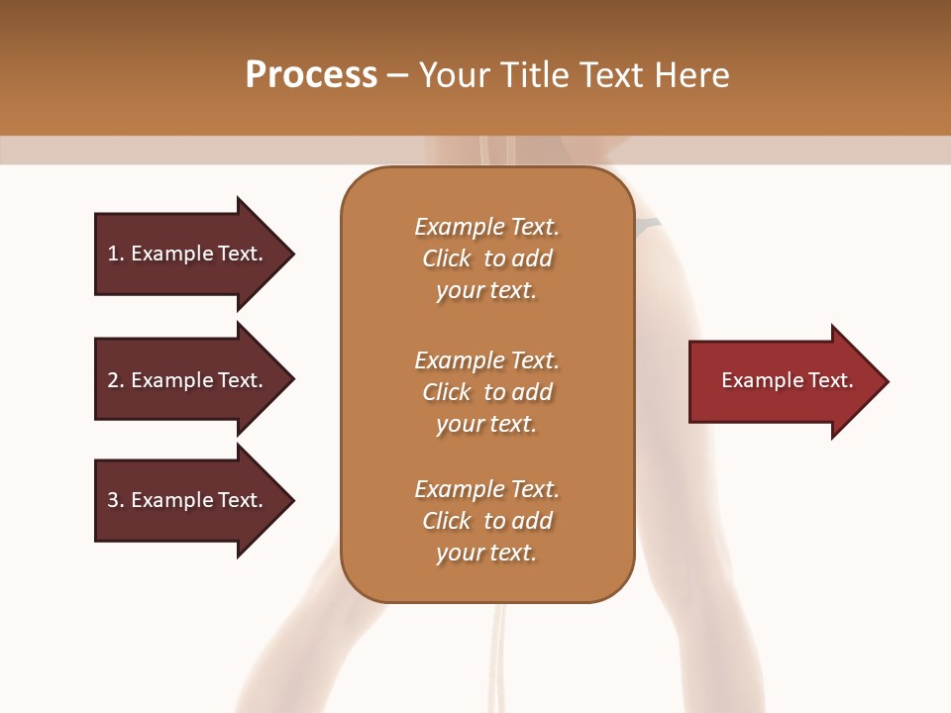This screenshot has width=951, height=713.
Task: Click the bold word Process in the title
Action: pyautogui.click(x=311, y=75)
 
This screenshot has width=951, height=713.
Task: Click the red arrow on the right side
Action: pyautogui.click(x=783, y=380)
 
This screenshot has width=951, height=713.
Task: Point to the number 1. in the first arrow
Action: pyautogui.click(x=116, y=254)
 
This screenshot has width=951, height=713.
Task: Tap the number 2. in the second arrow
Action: pyautogui.click(x=116, y=380)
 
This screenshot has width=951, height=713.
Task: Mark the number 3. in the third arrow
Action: pyautogui.click(x=116, y=500)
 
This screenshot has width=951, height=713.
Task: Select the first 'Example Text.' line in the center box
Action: pyautogui.click(x=486, y=227)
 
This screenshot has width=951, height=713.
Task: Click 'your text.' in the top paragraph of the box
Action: pyautogui.click(x=486, y=291)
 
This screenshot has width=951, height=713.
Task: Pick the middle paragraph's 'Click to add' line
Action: pyautogui.click(x=486, y=392)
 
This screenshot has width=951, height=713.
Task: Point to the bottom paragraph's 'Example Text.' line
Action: pyautogui.click(x=486, y=489)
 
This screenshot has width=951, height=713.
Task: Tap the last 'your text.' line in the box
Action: pyautogui.click(x=486, y=554)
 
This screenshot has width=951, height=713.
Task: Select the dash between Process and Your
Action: pyautogui.click(x=397, y=75)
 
